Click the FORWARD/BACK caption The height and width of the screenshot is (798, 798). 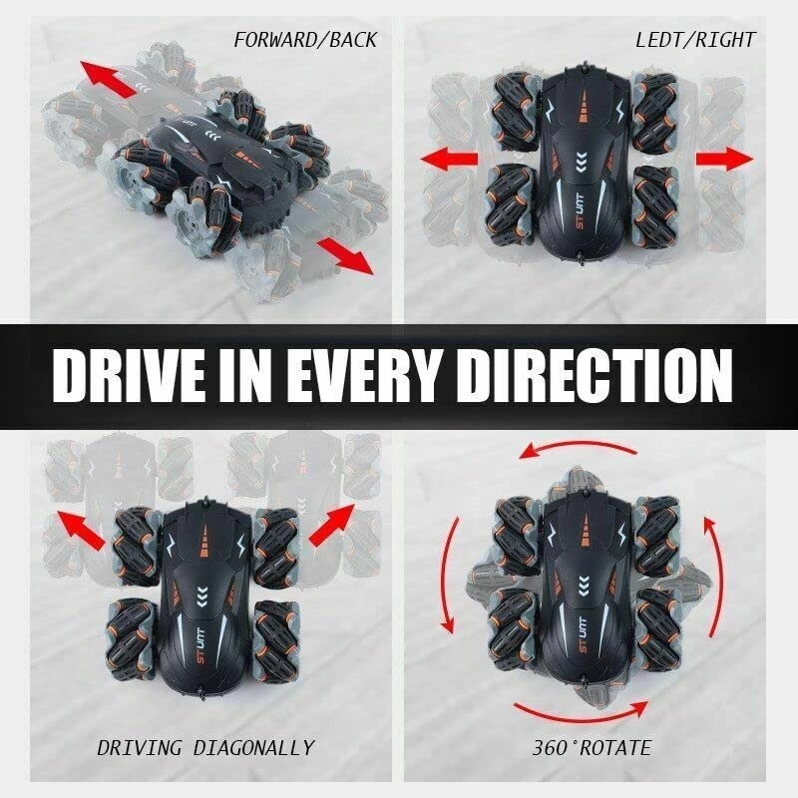point(305,40)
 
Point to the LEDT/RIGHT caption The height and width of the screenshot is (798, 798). point(695,40)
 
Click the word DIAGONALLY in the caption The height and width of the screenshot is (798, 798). point(254,747)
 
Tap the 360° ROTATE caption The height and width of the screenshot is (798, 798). point(592,747)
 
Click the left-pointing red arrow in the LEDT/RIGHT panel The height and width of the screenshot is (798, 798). point(449,159)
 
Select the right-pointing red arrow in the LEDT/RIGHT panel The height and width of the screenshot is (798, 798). point(725,159)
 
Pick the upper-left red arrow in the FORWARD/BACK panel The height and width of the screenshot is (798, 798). point(109,79)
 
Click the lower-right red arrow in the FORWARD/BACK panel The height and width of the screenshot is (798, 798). point(345,256)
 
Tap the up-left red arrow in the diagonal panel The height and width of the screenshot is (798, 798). point(82,530)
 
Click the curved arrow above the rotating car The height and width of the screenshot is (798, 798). point(578,446)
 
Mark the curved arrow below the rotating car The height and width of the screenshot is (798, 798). point(582,714)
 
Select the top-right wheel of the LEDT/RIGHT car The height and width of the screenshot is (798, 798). point(655,111)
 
